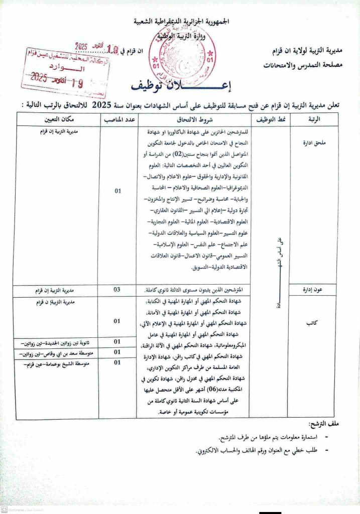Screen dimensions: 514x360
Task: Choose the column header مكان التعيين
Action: pyautogui.click(x=58, y=119)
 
